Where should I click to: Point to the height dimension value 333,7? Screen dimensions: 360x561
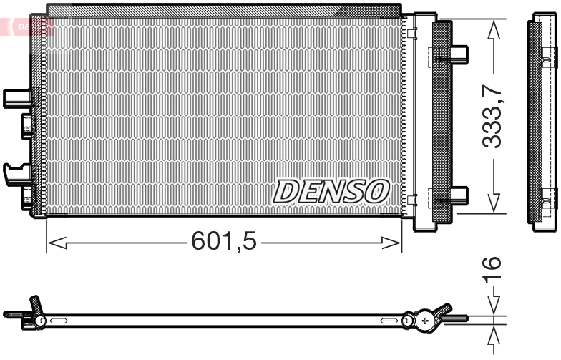492,116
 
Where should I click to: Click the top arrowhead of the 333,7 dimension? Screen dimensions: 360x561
492,29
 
